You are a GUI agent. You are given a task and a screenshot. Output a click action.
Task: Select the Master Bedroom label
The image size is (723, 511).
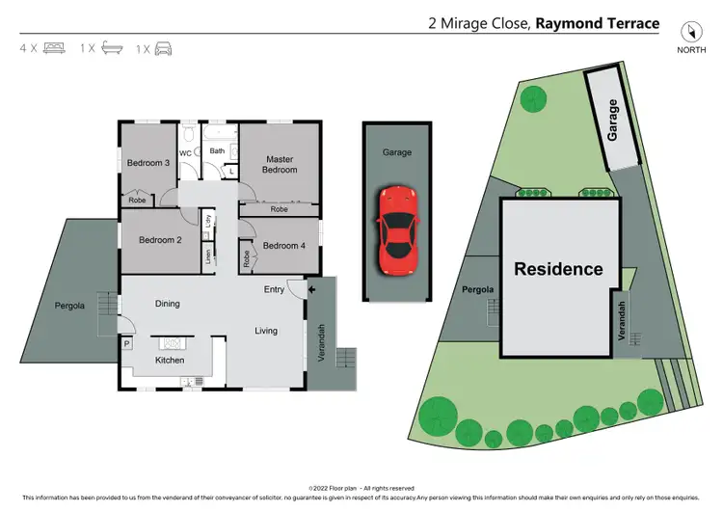(x=280, y=165)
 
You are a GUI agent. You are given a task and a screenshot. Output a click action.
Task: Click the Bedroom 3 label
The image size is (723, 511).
(x=148, y=163)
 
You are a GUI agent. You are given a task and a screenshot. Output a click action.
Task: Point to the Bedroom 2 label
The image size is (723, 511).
(x=160, y=240)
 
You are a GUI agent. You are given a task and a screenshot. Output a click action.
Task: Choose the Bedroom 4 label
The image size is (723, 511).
(x=283, y=245)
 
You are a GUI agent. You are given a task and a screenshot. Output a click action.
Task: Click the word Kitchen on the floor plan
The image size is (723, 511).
(x=170, y=361)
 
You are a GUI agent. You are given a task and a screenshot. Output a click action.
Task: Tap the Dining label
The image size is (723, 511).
(x=168, y=304)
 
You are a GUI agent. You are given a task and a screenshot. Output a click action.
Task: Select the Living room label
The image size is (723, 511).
(x=266, y=331)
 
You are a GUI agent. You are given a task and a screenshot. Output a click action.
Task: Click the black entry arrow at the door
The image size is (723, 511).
(x=312, y=287)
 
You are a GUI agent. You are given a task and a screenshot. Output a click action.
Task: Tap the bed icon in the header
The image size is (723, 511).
(x=55, y=47)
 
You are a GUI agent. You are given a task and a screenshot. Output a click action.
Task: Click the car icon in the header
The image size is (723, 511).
(x=164, y=47)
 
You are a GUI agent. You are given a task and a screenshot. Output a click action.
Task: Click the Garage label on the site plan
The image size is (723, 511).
(x=612, y=121)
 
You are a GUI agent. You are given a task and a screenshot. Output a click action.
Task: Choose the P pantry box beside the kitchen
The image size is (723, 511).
(x=126, y=343)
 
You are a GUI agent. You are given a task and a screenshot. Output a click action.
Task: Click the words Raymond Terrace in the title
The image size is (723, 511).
(x=598, y=24)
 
